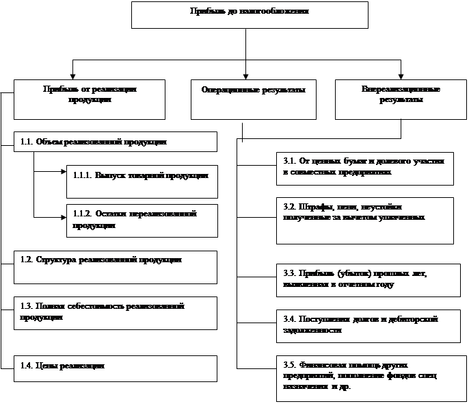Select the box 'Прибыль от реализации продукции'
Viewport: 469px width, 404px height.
pyautogui.click(x=90, y=99)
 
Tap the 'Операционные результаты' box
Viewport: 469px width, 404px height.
pyautogui.click(x=254, y=100)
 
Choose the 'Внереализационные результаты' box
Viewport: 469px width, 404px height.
pyautogui.click(x=400, y=100)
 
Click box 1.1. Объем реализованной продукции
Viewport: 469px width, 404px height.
pyautogui.click(x=115, y=142)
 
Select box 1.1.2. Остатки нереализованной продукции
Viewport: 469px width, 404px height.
pyautogui.click(x=142, y=220)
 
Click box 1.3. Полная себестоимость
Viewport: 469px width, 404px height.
pyautogui.click(x=115, y=312)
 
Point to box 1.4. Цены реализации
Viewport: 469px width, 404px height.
pyautogui.click(x=115, y=367)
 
